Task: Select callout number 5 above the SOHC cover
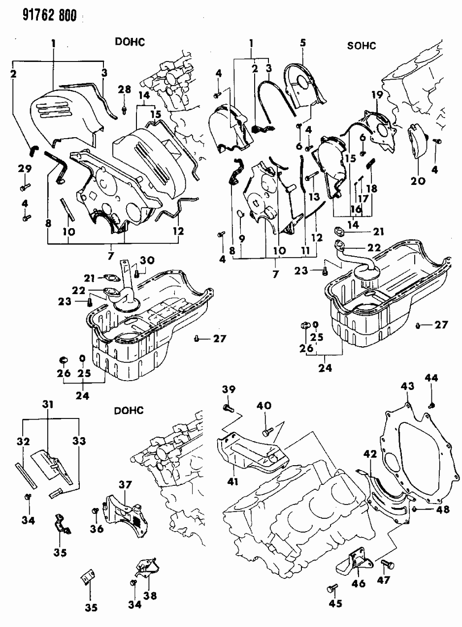point(302,43)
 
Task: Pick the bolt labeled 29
point(25,187)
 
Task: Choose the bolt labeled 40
point(266,431)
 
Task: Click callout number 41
point(232,482)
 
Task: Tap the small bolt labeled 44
point(432,405)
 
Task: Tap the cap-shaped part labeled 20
point(417,144)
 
